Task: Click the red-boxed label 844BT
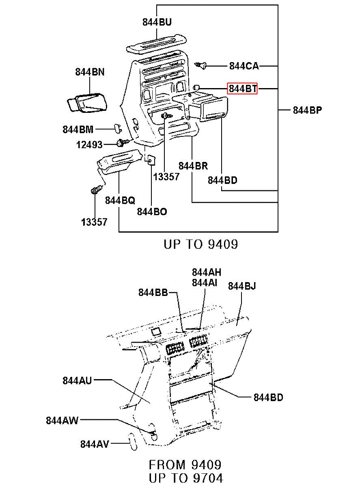pos(242,89)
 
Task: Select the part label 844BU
pos(157,22)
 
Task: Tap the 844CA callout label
pos(244,66)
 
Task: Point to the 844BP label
pos(307,110)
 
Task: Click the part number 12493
pos(89,145)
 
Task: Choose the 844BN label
pos(90,72)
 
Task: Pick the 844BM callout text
pos(78,129)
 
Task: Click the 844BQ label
pos(120,200)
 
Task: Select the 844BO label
pos(152,211)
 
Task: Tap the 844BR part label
pos(193,166)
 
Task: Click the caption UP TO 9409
pos(201,244)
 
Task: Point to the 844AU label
pos(77,381)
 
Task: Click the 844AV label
pos(95,444)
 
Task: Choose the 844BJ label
pos(242,286)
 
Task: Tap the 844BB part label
pos(153,292)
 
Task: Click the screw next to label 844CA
pos(201,65)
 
